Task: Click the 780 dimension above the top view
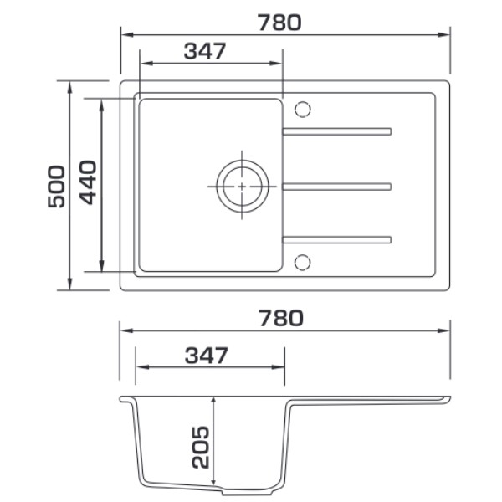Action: coord(279,23)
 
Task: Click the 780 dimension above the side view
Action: coord(281,318)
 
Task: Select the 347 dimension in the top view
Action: coord(205,51)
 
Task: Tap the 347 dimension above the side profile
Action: coord(206,355)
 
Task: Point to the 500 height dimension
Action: coord(56,187)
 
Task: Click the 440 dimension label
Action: coord(88,182)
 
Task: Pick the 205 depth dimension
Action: coord(201,447)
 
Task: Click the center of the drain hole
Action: coord(242,187)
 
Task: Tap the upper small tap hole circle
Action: coord(303,109)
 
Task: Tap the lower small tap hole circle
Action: coord(303,263)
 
